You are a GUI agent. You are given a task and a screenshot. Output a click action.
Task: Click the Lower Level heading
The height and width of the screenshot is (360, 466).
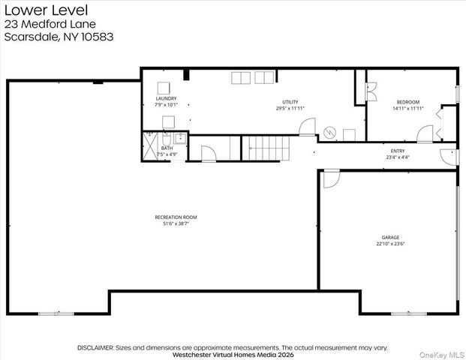(46, 10)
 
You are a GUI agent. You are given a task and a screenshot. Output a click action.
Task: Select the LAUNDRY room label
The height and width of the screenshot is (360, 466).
(166, 98)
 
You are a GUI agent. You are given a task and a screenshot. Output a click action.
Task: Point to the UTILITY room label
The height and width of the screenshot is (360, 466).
(290, 102)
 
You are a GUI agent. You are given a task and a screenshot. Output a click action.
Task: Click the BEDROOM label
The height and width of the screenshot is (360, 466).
(408, 102)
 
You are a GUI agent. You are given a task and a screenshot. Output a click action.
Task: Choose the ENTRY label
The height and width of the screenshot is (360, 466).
(398, 151)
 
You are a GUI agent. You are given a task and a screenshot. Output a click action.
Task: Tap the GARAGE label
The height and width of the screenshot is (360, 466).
(390, 237)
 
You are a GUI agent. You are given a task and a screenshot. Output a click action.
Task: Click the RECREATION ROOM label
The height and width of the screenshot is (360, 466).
(176, 217)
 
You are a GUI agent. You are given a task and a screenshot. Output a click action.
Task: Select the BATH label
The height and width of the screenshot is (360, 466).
(167, 148)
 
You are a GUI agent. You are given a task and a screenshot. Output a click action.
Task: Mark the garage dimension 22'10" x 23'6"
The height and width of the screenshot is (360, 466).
(390, 244)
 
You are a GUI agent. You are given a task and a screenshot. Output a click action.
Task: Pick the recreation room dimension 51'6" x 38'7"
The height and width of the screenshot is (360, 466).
(176, 223)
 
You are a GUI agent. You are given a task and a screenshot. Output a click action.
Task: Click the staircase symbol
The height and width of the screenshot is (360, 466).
(266, 148)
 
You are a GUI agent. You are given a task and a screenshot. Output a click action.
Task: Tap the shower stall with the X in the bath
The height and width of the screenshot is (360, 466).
(150, 146)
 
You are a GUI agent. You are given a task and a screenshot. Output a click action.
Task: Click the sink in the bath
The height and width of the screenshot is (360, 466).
(180, 139)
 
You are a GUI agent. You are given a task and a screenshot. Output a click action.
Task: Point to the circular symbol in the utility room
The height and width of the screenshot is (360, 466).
(329, 133)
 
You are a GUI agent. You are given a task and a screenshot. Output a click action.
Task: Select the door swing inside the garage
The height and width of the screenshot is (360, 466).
(331, 178)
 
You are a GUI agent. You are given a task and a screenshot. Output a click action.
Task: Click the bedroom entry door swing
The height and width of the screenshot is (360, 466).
(425, 133)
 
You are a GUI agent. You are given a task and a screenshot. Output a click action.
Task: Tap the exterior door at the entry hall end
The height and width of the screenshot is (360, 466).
(449, 157)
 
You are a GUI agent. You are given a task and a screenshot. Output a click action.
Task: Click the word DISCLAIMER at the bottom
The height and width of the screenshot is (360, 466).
(96, 347)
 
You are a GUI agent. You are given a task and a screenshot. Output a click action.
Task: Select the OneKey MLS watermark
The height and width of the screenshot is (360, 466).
(442, 355)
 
